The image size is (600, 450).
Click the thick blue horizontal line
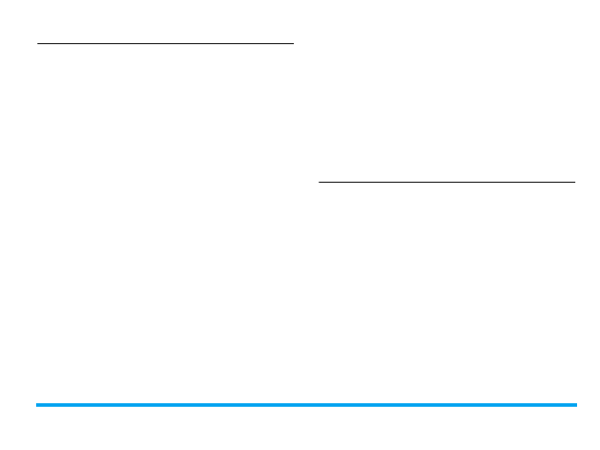(306, 405)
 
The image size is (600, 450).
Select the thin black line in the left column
(165, 42)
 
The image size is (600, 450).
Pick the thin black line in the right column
(446, 183)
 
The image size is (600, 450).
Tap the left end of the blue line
(37, 405)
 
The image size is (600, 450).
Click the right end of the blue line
(575, 405)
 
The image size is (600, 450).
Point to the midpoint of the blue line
(306, 405)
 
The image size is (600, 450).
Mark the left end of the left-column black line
(38, 42)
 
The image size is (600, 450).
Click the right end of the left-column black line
(292, 42)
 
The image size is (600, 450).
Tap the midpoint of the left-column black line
(165, 42)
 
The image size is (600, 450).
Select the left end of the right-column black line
(319, 183)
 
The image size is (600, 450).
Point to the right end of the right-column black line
(574, 183)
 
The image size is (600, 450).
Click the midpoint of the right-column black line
(446, 183)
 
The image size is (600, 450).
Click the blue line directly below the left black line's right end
(292, 405)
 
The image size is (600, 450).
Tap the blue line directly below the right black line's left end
(319, 405)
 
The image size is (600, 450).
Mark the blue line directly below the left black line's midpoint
(165, 405)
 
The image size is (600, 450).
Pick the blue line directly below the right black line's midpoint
(446, 405)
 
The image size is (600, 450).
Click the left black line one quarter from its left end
(101, 42)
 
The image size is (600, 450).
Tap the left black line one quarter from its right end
(229, 42)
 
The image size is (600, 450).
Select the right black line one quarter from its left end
(383, 183)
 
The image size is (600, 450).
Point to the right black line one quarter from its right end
(511, 183)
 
